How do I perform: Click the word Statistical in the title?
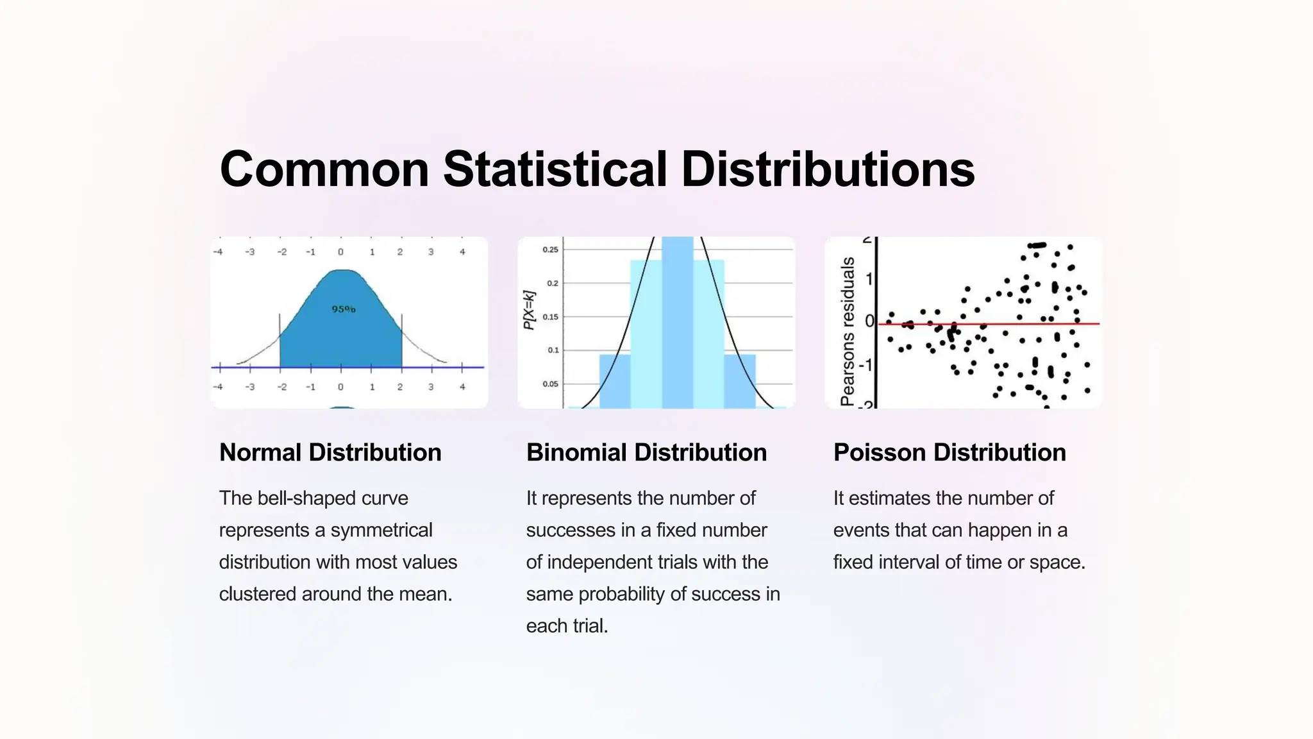555,169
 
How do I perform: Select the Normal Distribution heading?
330,452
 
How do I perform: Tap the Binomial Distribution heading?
646,452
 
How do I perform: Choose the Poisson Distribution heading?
949,452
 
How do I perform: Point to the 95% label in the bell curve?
344,309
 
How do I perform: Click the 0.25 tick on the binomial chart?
551,250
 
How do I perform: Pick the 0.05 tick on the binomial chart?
551,384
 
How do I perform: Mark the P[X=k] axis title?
529,310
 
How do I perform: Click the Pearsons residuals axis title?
848,331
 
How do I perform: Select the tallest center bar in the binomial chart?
678,321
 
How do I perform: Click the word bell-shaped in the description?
307,498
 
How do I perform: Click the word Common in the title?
324,169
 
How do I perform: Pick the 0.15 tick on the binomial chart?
551,317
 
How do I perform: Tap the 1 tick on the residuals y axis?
869,279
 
